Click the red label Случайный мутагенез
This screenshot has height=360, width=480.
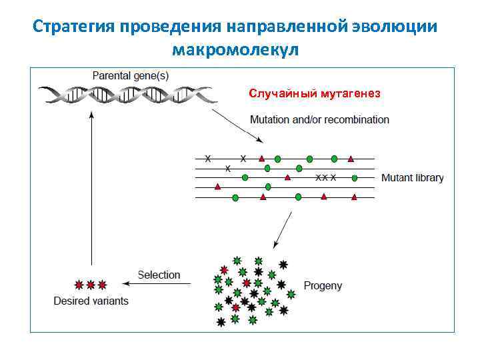[x=315, y=93]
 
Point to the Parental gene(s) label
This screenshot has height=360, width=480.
[x=130, y=75]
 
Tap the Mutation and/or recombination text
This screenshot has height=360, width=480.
[x=319, y=120]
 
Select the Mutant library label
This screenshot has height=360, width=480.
[x=412, y=178]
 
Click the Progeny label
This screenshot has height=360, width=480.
[x=323, y=285]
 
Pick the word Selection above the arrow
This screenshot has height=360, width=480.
[x=159, y=275]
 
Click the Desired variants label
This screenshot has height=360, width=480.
[x=91, y=301]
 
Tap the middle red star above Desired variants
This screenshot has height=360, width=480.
[x=91, y=285]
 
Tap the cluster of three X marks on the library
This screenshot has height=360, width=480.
[x=325, y=178]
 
